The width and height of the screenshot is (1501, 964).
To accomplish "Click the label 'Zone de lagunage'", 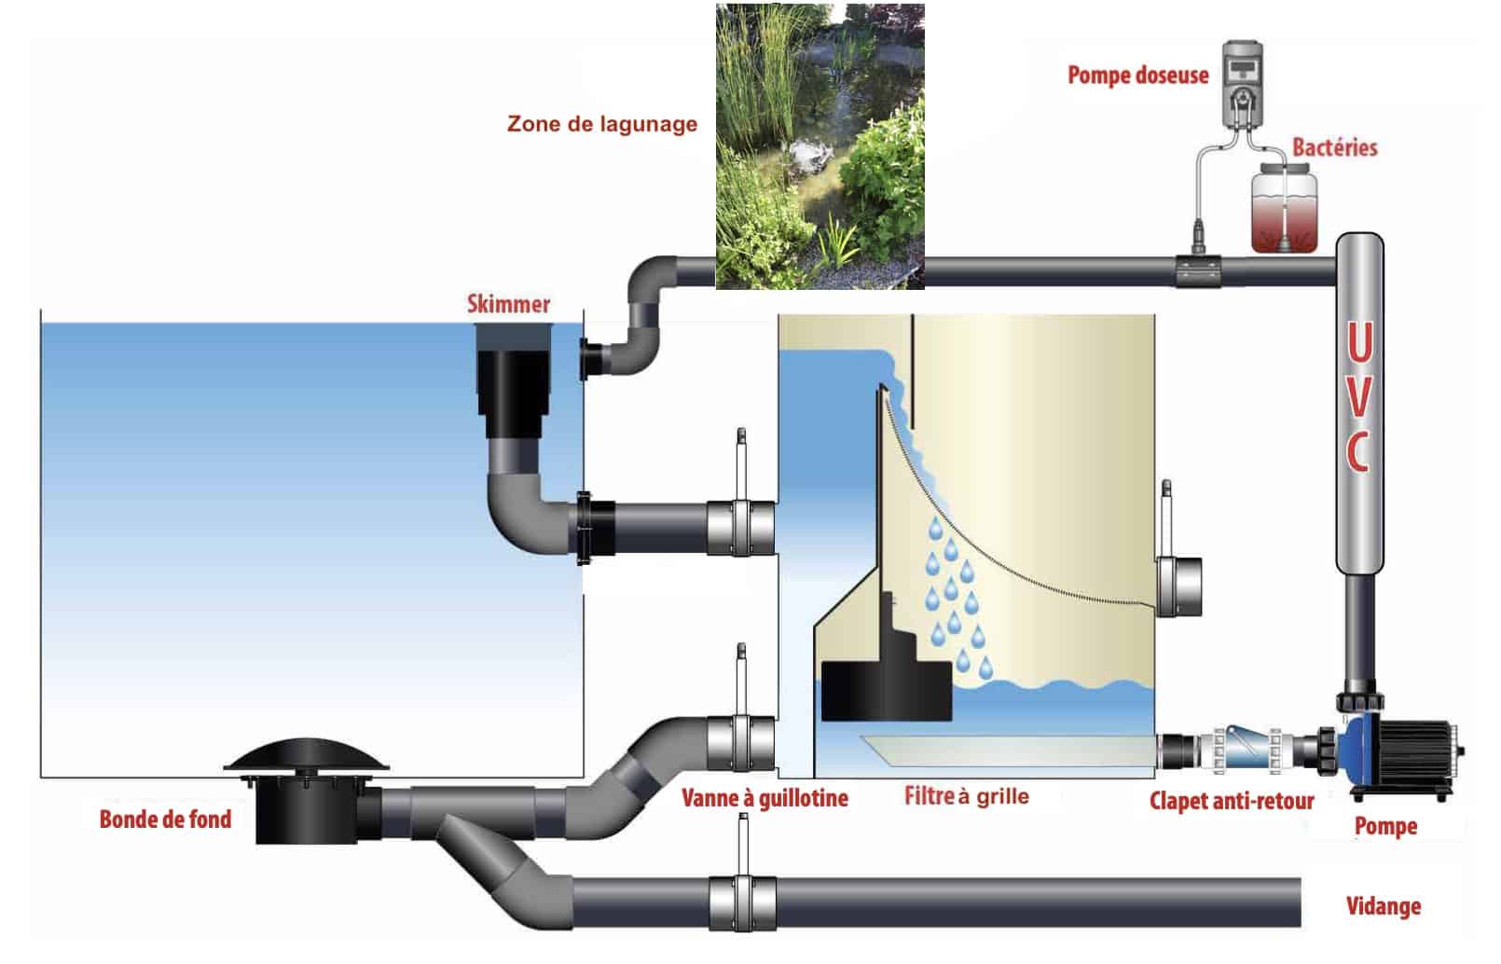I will [x=601, y=124].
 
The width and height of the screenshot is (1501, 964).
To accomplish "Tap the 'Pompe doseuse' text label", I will [x=1137, y=76].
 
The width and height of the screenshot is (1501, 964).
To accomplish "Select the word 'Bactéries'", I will [x=1334, y=147].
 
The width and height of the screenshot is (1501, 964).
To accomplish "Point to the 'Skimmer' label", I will [x=508, y=304].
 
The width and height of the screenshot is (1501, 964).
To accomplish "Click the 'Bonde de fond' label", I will [x=165, y=819].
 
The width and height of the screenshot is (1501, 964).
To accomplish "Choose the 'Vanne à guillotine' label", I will [x=764, y=798].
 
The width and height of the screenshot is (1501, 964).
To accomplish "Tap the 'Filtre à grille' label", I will [x=967, y=796].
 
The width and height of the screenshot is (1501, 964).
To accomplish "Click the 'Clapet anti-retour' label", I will [x=1231, y=801].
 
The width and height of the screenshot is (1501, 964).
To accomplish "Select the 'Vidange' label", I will [x=1384, y=905].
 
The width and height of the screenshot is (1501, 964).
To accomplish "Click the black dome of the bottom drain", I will [x=308, y=756].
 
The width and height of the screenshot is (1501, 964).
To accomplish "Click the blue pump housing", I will [x=1359, y=747].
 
